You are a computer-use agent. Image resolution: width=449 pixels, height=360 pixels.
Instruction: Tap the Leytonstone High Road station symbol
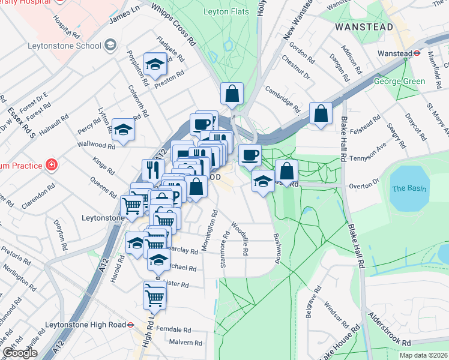click(129, 325)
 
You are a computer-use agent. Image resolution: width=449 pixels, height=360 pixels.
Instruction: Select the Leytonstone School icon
click(110, 45)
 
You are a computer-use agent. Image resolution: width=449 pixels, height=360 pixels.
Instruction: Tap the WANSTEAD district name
click(364, 28)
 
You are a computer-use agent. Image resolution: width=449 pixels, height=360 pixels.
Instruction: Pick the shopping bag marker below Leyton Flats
click(231, 94)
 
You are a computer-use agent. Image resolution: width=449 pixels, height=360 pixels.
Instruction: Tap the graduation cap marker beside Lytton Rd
click(123, 130)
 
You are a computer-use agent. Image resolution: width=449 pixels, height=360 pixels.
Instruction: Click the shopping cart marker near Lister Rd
click(154, 296)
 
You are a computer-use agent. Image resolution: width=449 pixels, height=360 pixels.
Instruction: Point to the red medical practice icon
click(52, 164)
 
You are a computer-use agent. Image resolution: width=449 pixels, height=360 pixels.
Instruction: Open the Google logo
click(19, 353)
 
